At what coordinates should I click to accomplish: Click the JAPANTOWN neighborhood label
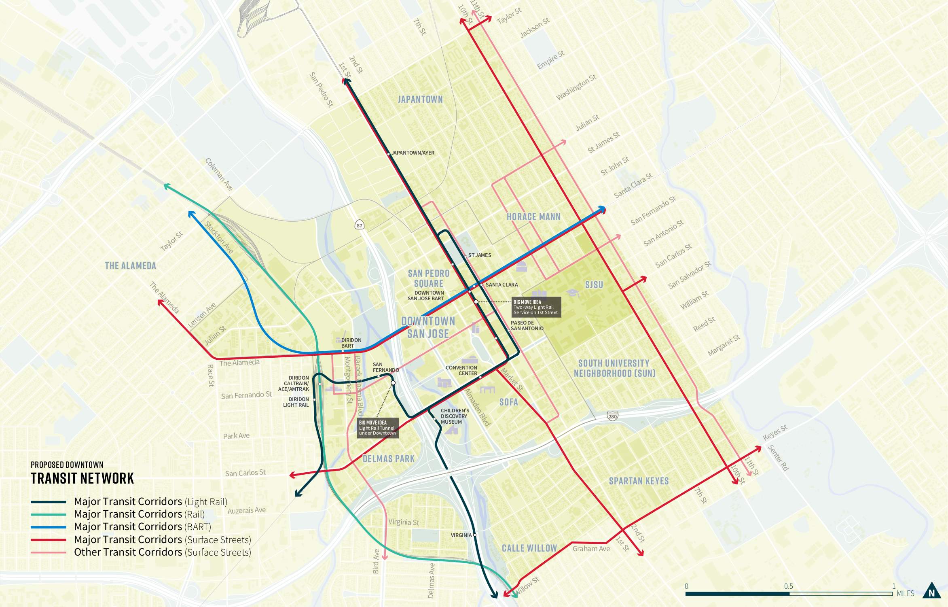[420, 100]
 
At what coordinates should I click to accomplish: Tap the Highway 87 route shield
[359, 225]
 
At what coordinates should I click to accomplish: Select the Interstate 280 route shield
[612, 416]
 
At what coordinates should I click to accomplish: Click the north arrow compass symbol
[932, 591]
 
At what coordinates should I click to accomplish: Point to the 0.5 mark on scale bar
[789, 586]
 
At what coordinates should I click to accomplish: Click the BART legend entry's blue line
[48, 527]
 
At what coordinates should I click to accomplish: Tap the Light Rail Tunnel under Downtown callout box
[377, 428]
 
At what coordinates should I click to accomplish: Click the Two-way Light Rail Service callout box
[536, 307]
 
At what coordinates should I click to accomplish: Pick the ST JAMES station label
[480, 255]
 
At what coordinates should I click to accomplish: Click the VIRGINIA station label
[461, 535]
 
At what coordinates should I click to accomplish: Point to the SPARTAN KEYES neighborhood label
[639, 481]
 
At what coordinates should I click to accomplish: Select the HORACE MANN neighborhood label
[533, 217]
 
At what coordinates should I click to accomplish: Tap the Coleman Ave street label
[219, 174]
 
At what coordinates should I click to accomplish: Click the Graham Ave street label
[591, 549]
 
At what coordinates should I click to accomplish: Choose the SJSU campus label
[594, 285]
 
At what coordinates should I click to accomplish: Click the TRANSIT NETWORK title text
[82, 478]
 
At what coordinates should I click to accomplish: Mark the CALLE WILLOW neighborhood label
[529, 548]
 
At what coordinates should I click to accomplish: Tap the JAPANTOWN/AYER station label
[413, 153]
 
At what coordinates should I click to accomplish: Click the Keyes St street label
[775, 433]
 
